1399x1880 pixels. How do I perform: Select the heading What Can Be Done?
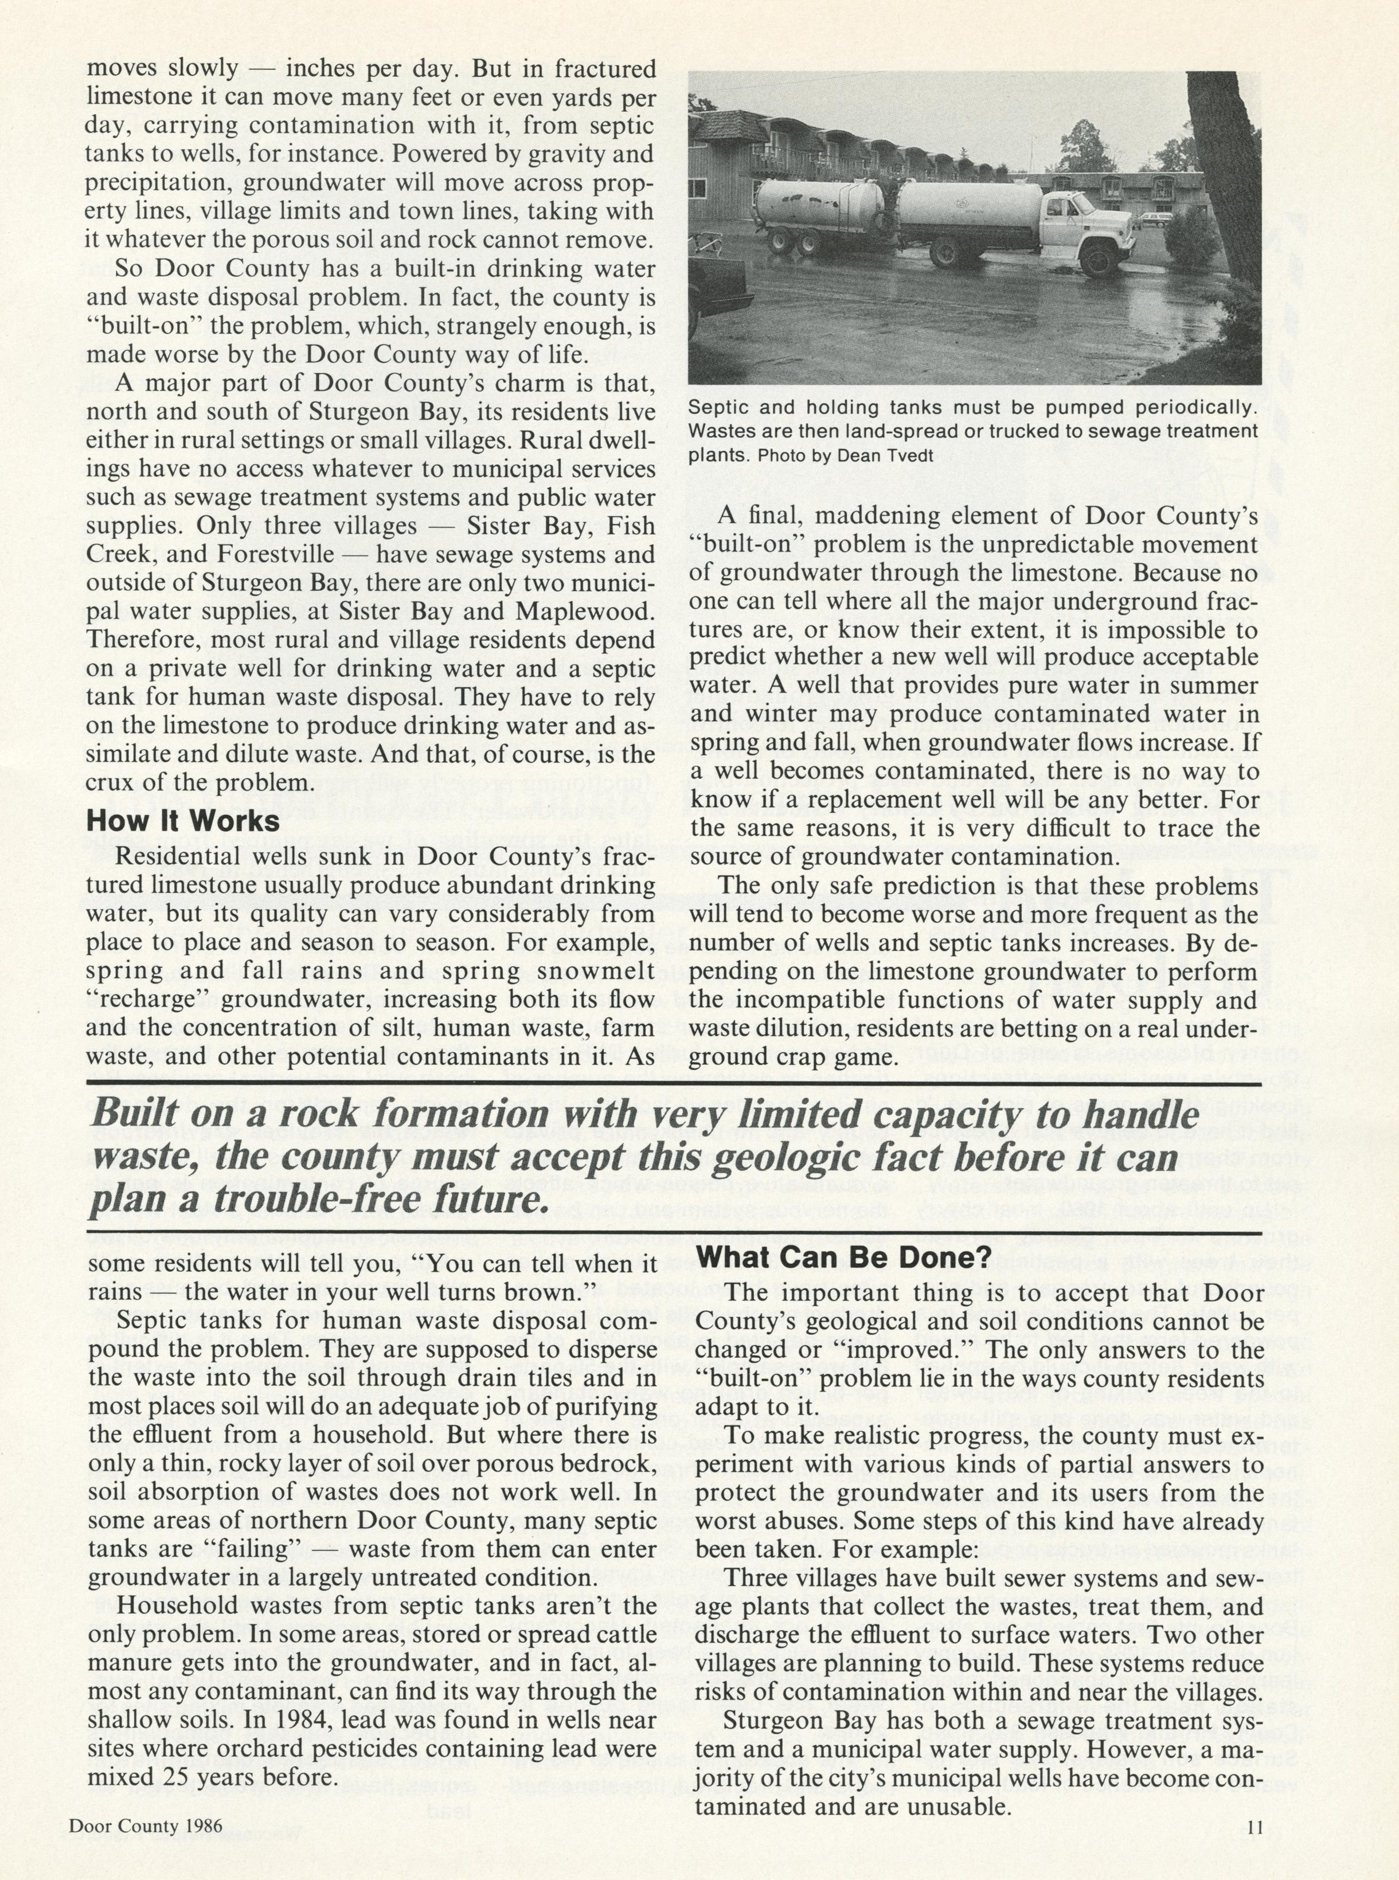[843, 1257]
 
